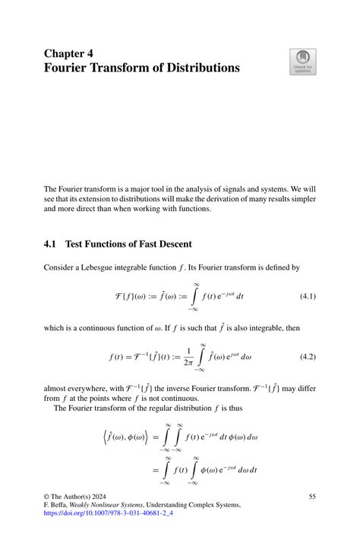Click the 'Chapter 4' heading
68,54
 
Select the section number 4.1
52,244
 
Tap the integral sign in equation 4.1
196,295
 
